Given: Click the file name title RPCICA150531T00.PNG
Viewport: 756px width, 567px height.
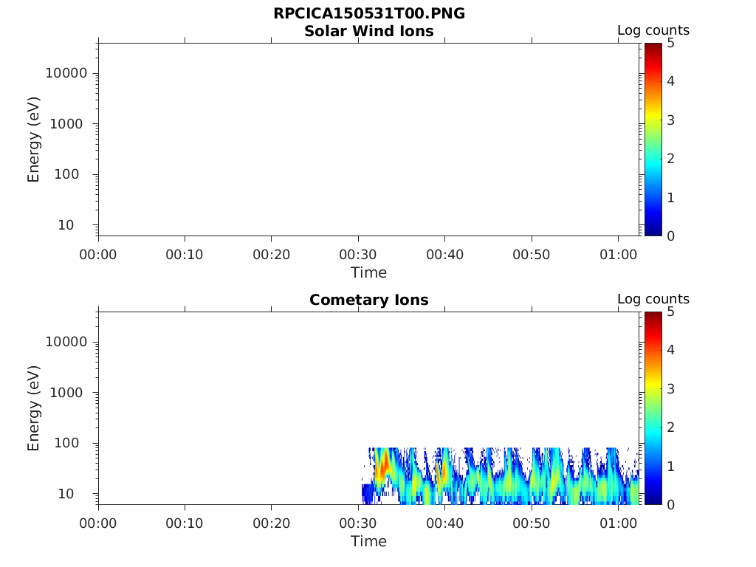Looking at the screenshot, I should [368, 13].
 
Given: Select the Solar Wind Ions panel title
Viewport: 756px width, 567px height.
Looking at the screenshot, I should [368, 31].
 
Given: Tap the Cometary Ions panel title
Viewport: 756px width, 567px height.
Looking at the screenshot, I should [368, 300].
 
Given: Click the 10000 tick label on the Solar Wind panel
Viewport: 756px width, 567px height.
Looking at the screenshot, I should [66, 73].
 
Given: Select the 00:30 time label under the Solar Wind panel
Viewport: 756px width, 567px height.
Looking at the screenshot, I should [358, 255].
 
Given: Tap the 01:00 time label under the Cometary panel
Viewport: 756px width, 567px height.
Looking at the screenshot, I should [618, 523].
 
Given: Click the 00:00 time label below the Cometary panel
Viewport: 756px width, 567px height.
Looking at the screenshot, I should [98, 523].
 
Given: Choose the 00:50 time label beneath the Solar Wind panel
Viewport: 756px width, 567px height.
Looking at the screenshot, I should [532, 255].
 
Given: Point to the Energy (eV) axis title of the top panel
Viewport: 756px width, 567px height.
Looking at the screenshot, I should [34, 140].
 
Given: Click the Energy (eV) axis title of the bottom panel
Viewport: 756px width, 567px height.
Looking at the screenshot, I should [34, 408].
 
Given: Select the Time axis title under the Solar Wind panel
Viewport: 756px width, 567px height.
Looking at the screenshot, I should [368, 272].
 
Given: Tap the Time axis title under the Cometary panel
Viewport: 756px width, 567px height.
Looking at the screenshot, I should [368, 541].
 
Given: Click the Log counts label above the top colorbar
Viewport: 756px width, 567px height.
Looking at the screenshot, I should [653, 31].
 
